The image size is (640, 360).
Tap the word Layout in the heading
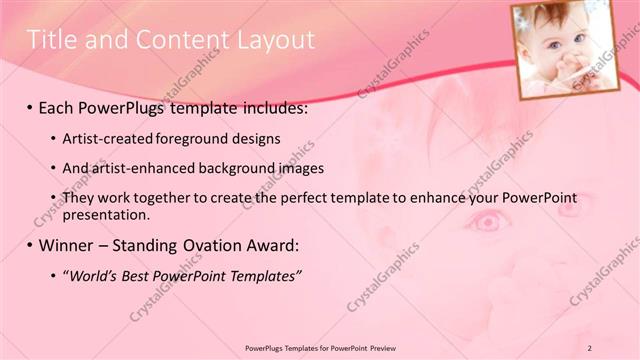point(275,40)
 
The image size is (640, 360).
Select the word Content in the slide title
point(185,40)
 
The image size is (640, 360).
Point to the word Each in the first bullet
point(60,106)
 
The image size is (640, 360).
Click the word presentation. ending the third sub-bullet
point(105,214)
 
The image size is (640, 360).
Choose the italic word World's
point(94,276)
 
